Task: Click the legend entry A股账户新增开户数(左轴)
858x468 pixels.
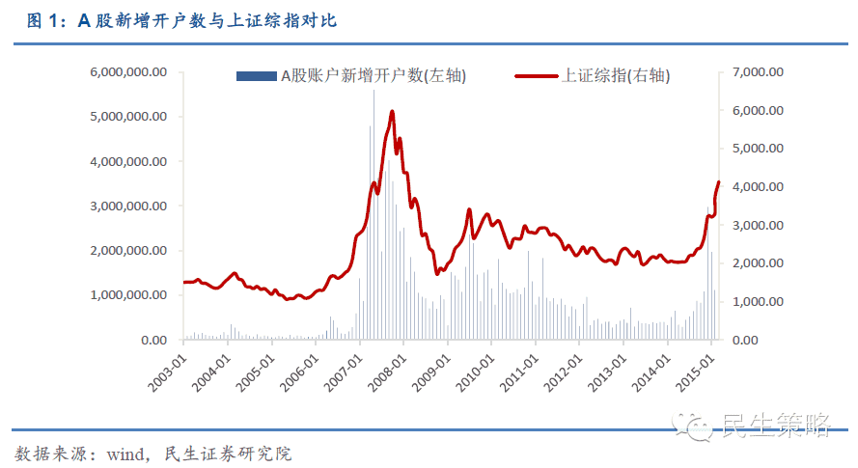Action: [x=373, y=76]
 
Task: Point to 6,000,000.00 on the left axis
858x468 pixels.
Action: [x=128, y=71]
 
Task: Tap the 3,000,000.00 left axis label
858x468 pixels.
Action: [x=128, y=206]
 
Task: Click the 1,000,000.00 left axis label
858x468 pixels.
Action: [x=128, y=295]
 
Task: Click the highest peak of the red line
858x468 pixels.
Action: [x=392, y=112]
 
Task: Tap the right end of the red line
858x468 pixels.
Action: [x=718, y=182]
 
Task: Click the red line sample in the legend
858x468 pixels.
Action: [x=537, y=76]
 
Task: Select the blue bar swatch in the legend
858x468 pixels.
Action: [x=256, y=76]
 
